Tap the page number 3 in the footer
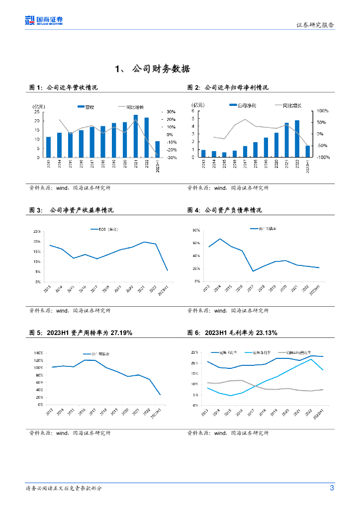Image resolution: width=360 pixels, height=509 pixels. click(332, 488)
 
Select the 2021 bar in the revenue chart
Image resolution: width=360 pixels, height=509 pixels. click(135, 136)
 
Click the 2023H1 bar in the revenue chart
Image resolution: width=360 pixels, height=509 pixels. click(157, 149)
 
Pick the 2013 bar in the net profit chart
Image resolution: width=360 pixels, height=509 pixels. click(203, 154)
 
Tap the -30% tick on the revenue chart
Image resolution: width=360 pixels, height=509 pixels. click(169, 158)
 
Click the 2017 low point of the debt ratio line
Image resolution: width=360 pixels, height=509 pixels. click(253, 271)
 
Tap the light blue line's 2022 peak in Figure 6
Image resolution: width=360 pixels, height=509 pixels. click(311, 359)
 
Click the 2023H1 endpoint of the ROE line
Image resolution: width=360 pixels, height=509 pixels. click(167, 270)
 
